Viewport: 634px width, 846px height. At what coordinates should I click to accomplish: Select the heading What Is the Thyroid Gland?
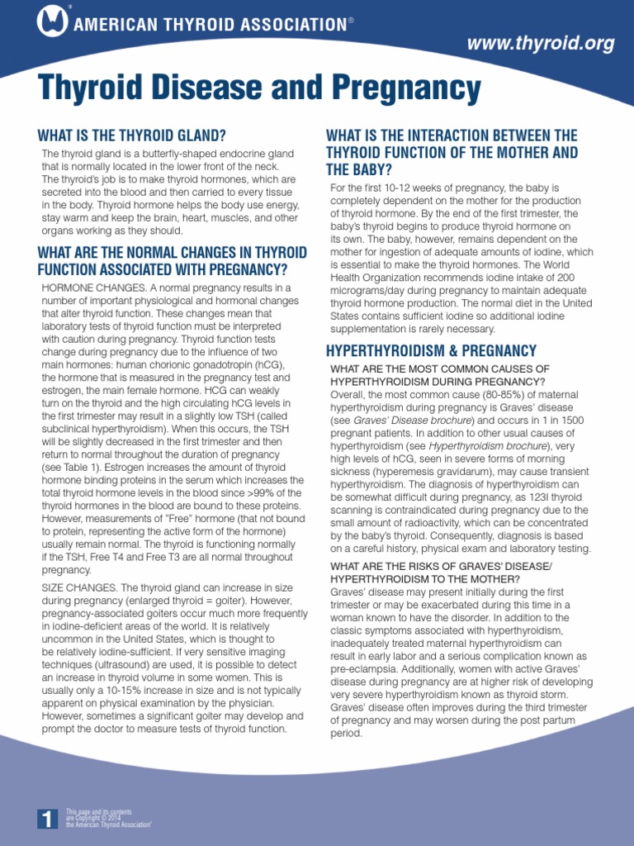[x=131, y=135]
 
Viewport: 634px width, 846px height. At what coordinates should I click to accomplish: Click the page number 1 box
[x=47, y=819]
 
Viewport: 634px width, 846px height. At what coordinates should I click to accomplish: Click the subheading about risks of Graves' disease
[x=442, y=571]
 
